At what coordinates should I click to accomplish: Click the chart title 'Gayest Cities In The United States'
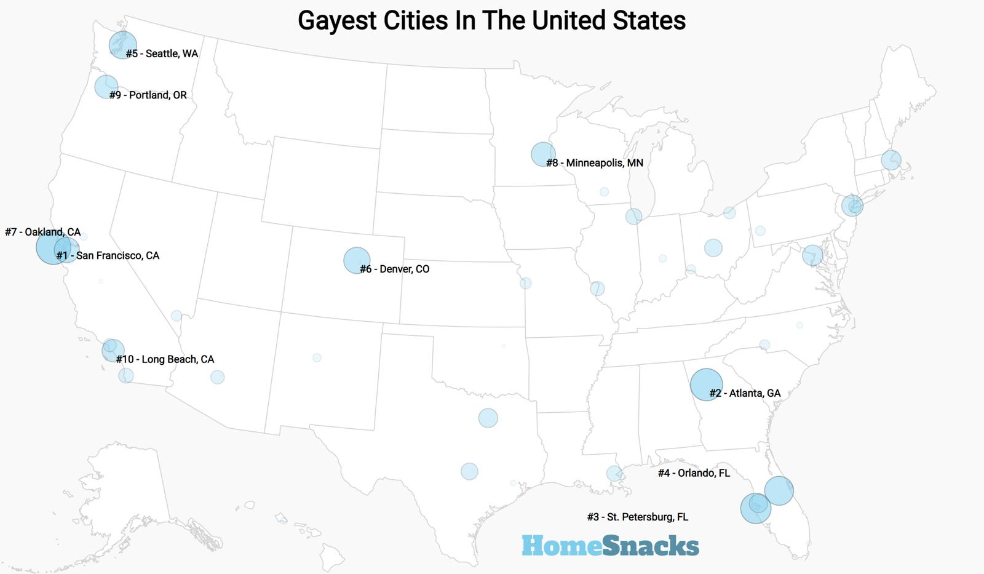pos(491,20)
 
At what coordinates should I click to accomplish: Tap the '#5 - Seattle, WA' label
pos(162,54)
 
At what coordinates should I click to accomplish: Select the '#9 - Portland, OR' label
pos(148,95)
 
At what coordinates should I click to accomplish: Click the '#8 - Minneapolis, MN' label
pos(595,162)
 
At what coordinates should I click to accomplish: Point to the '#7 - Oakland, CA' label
pos(42,232)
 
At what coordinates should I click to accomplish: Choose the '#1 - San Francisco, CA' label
pos(108,255)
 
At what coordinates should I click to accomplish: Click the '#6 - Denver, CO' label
pos(394,269)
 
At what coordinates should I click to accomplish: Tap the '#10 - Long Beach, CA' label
pos(165,359)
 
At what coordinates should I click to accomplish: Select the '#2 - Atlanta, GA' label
pos(745,393)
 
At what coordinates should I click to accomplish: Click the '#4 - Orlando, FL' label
pos(694,472)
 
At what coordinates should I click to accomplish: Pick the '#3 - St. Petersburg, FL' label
pos(638,517)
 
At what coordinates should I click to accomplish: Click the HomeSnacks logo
pos(610,546)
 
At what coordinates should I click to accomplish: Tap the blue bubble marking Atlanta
pos(706,385)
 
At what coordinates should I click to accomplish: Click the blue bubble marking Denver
pos(357,260)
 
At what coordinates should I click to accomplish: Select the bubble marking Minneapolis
pos(543,154)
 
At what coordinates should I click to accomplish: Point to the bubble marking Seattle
pos(122,44)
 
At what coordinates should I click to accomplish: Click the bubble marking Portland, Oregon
pos(106,87)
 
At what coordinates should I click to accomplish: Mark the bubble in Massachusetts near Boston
pos(891,160)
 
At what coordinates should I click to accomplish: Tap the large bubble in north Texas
pos(488,418)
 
